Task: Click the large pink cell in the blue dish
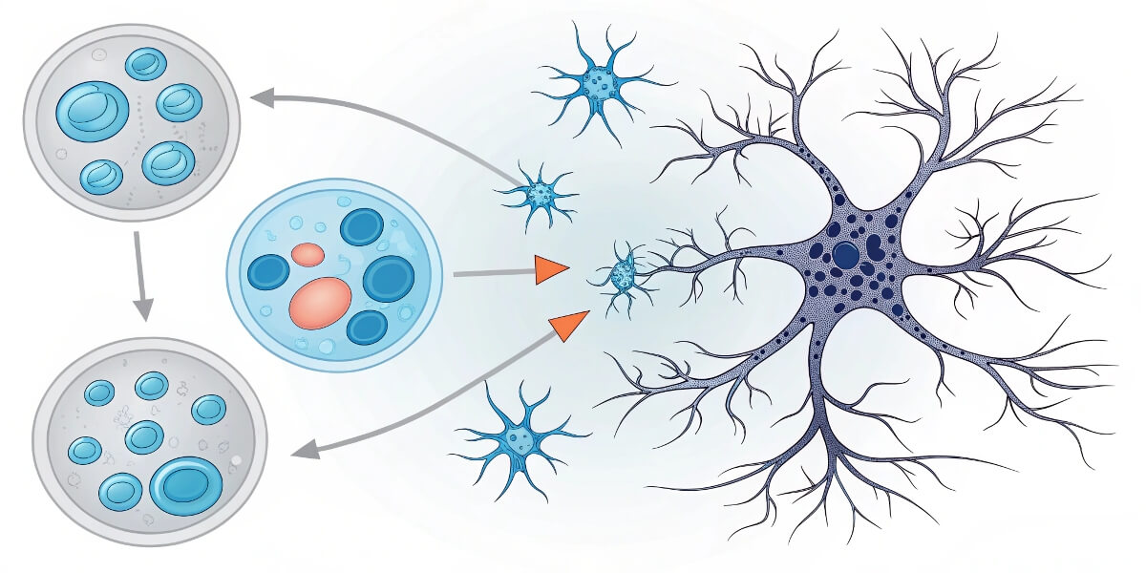pos(319,303)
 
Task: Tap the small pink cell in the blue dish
pos(308,254)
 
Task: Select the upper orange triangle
pos(549,270)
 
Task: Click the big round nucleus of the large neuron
pos(845,255)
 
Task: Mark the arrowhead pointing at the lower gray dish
pos(304,448)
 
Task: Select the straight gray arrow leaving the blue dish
pos(492,274)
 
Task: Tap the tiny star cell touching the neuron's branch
pos(622,277)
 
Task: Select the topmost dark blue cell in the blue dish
pos(362,227)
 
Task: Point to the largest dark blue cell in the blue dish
pos(388,279)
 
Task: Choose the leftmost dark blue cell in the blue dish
pos(268,272)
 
